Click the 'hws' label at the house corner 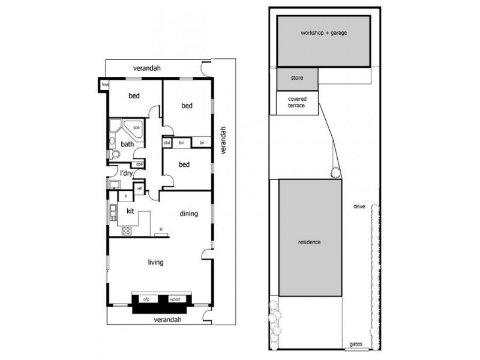(x=104, y=85)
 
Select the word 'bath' (x=127, y=144)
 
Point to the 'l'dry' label (x=126, y=173)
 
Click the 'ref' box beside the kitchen (x=139, y=188)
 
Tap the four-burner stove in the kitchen (x=127, y=230)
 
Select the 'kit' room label (x=129, y=211)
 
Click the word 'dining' (x=188, y=213)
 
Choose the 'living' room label (x=156, y=262)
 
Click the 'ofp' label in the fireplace (x=145, y=298)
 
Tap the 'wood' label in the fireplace (x=175, y=298)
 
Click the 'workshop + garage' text (x=322, y=32)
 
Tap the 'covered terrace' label (x=296, y=103)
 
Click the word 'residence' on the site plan (x=310, y=242)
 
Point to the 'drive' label (x=359, y=207)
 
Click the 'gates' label (x=356, y=345)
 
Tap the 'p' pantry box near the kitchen (x=126, y=196)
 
